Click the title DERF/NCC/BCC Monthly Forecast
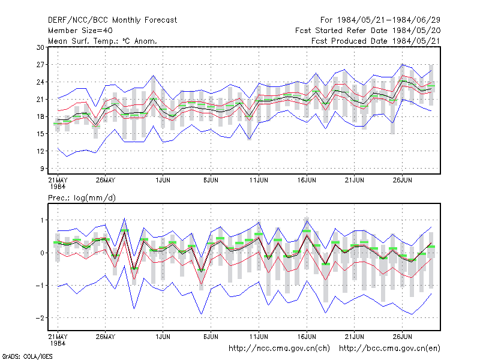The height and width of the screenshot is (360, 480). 112,20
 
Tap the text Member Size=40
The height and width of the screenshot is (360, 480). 80,31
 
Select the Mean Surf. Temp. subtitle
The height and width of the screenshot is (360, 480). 102,41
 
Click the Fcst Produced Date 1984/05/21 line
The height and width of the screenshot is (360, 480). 376,41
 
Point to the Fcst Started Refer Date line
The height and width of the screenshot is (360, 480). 368,31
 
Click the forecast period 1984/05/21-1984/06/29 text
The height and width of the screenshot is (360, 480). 380,20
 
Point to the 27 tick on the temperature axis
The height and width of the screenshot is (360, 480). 40,65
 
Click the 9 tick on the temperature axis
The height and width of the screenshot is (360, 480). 42,169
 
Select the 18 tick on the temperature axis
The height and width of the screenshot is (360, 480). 40,116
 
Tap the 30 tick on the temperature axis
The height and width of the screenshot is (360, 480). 40,47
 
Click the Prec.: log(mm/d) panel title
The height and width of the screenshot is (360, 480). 82,198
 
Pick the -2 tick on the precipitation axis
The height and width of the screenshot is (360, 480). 40,318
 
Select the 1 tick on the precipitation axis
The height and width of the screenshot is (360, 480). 43,220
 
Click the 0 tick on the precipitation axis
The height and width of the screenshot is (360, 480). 42,253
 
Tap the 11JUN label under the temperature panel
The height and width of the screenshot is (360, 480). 259,180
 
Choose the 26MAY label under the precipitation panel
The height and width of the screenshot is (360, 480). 106,337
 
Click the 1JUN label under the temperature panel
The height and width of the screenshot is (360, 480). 163,180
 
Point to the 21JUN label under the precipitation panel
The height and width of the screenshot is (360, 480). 355,337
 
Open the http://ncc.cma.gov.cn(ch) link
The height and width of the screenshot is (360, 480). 279,349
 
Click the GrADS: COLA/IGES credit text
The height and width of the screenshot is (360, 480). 27,356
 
